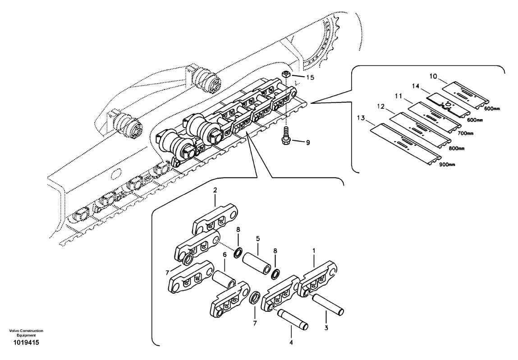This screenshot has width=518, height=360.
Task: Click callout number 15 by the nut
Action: coord(310,78)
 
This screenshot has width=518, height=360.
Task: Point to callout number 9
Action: coord(308,143)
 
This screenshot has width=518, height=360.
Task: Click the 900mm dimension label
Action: coord(447,165)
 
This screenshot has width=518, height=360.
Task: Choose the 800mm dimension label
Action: coord(456,148)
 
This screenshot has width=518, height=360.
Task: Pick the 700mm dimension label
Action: coord(465,133)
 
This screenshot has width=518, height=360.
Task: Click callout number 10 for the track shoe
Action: coord(433,76)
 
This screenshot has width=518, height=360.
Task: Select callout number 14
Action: coord(416,86)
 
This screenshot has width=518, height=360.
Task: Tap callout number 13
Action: coord(361,118)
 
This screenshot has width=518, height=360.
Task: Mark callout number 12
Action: coord(381,106)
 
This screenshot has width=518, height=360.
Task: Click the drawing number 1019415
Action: coord(26,343)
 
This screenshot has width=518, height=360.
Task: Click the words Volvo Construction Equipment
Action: coord(26,333)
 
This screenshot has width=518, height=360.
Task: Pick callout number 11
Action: coord(399,96)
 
